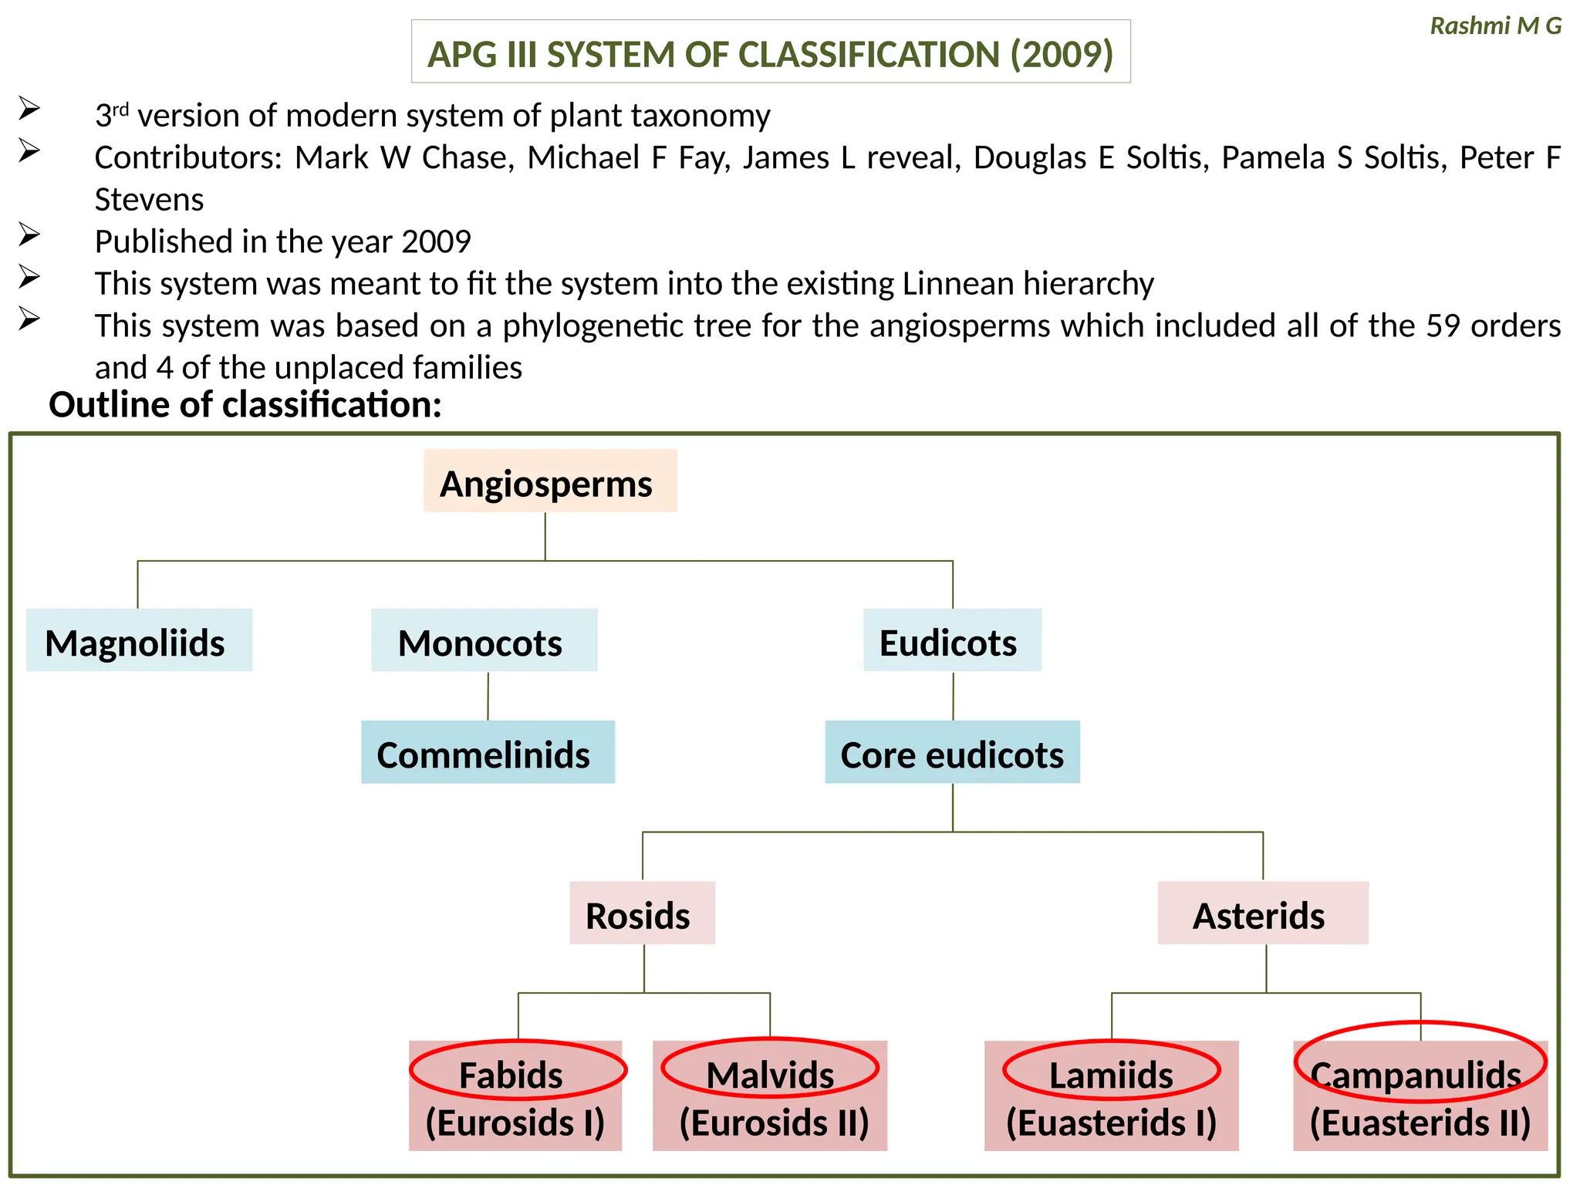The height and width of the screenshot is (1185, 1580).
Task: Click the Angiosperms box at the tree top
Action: [x=549, y=481]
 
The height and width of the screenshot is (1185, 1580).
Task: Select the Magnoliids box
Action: [x=138, y=640]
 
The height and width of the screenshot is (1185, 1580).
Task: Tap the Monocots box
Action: [x=484, y=640]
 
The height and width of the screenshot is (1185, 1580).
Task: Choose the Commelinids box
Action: [x=487, y=752]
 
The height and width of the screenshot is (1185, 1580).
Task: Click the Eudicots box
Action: [x=951, y=640]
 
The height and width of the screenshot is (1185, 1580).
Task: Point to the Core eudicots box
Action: [x=951, y=752]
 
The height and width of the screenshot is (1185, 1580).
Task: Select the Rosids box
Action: [x=641, y=913]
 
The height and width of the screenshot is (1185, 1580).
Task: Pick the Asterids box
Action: [x=1262, y=913]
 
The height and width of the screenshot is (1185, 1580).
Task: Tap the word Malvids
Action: [x=769, y=1075]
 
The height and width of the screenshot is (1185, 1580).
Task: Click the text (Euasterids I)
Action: [x=1110, y=1123]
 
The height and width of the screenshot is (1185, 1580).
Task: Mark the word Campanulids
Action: [x=1416, y=1075]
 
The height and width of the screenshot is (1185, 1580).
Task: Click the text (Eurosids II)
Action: [x=773, y=1123]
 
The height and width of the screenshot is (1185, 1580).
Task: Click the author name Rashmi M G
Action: [x=1495, y=25]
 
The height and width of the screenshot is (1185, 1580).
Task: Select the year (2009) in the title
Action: [x=1062, y=54]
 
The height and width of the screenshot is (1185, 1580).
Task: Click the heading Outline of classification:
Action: [x=245, y=404]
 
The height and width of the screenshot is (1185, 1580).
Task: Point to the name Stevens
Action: [x=149, y=200]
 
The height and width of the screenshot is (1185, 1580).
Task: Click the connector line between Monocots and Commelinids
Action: [x=488, y=696]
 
